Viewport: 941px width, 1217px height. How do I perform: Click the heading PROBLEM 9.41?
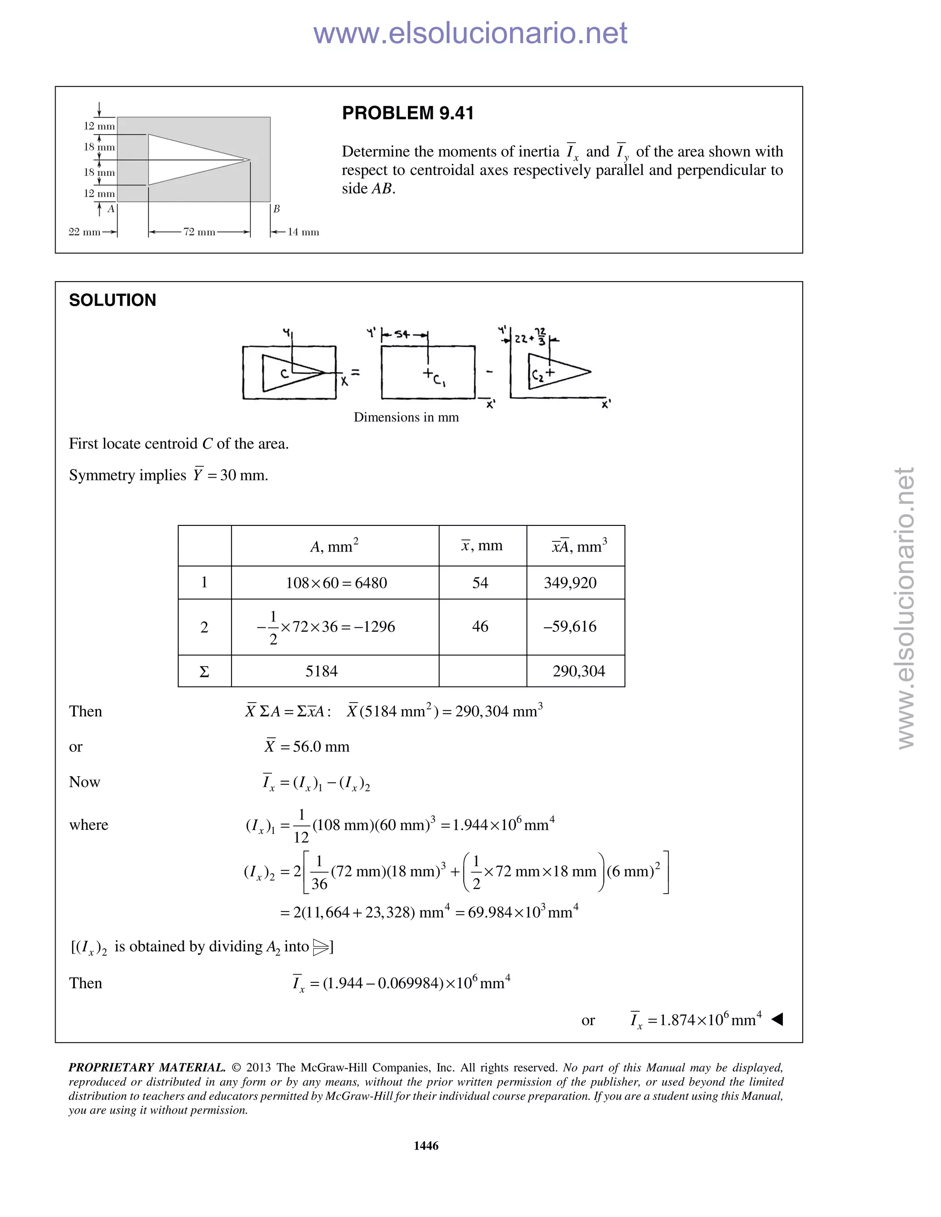point(408,113)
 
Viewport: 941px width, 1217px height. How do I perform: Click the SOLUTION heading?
point(112,300)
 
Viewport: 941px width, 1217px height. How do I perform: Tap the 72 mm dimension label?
point(199,232)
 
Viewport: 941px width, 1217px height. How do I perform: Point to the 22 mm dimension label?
point(84,232)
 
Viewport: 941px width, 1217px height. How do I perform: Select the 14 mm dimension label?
point(303,232)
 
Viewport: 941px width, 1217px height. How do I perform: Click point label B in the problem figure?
point(277,209)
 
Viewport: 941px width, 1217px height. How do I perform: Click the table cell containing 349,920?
point(570,583)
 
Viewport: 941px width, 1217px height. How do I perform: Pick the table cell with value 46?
point(480,626)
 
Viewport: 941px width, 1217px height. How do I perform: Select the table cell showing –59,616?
point(570,626)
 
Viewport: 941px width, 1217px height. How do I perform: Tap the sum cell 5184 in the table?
point(321,671)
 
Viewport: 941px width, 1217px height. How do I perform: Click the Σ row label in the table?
point(204,671)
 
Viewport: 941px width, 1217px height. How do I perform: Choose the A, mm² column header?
point(334,546)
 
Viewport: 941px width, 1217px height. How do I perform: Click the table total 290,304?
point(578,671)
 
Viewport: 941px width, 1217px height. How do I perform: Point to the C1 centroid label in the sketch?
point(439,380)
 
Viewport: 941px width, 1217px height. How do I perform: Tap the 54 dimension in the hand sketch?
point(402,334)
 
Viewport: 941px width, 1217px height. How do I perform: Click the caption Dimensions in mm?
point(406,417)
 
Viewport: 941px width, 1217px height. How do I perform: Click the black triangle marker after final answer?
point(777,1019)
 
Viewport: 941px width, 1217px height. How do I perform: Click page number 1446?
point(426,1146)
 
